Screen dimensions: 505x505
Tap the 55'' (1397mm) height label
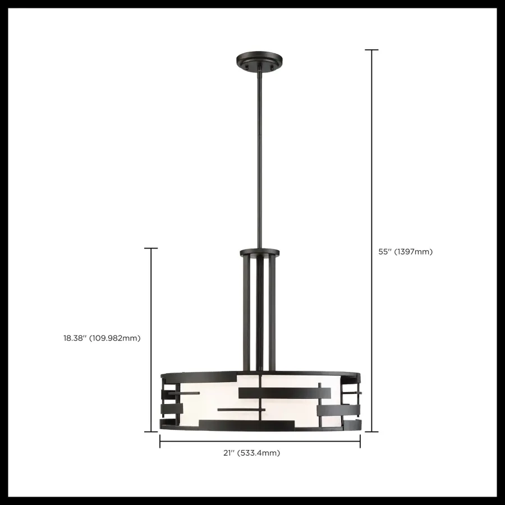click(405, 252)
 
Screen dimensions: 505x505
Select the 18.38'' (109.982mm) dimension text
click(102, 338)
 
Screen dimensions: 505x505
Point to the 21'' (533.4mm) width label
click(259, 453)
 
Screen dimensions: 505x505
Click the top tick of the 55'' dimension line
click(371, 50)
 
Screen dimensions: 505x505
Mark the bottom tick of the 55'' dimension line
click(371, 431)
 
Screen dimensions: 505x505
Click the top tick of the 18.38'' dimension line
click(151, 248)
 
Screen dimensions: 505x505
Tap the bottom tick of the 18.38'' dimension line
click(151, 431)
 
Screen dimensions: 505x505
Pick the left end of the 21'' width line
click(160, 442)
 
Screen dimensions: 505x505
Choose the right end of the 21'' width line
click(360, 442)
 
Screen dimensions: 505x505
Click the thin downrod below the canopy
click(259, 157)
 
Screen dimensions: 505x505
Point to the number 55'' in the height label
click(385, 252)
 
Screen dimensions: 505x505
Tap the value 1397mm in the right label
click(414, 252)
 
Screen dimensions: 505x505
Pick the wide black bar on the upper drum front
click(277, 393)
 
